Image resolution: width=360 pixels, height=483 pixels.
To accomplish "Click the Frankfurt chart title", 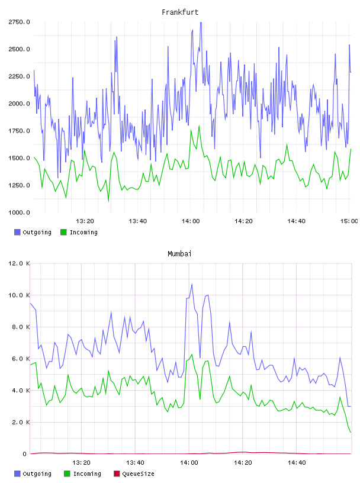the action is [180, 12].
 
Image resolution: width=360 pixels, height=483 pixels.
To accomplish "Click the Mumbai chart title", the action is [179, 254].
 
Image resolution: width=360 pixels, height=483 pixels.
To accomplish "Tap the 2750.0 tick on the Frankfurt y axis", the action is [19, 22].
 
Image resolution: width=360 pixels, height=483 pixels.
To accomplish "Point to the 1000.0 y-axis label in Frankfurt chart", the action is [19, 212].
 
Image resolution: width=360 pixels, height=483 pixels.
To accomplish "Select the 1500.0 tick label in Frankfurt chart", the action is [19, 158].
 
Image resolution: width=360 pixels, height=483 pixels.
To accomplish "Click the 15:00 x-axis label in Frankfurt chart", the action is [349, 221].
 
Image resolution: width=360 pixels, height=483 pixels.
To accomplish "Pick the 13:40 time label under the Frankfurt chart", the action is [138, 221].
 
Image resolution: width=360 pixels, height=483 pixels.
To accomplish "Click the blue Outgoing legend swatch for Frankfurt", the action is [17, 232].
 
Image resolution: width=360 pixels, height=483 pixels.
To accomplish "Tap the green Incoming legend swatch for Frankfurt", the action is [63, 232].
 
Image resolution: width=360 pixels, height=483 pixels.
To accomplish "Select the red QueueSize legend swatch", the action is [117, 474].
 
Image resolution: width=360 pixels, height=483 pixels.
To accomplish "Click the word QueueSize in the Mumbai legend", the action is [138, 474].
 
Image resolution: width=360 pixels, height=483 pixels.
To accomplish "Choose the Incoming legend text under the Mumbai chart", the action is [87, 474].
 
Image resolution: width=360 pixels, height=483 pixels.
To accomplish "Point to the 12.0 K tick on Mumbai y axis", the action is [19, 263].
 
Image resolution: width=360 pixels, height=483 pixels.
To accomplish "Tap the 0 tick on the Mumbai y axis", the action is [25, 454].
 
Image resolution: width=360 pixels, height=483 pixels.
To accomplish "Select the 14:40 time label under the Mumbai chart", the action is [297, 463].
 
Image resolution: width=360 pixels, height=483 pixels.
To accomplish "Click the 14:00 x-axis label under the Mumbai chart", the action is [189, 463].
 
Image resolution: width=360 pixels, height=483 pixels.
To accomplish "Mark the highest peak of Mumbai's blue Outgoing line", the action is [192, 284].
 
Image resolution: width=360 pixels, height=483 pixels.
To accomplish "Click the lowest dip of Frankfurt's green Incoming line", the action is [108, 202].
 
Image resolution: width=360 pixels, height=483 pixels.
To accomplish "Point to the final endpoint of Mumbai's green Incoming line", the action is [351, 433].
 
